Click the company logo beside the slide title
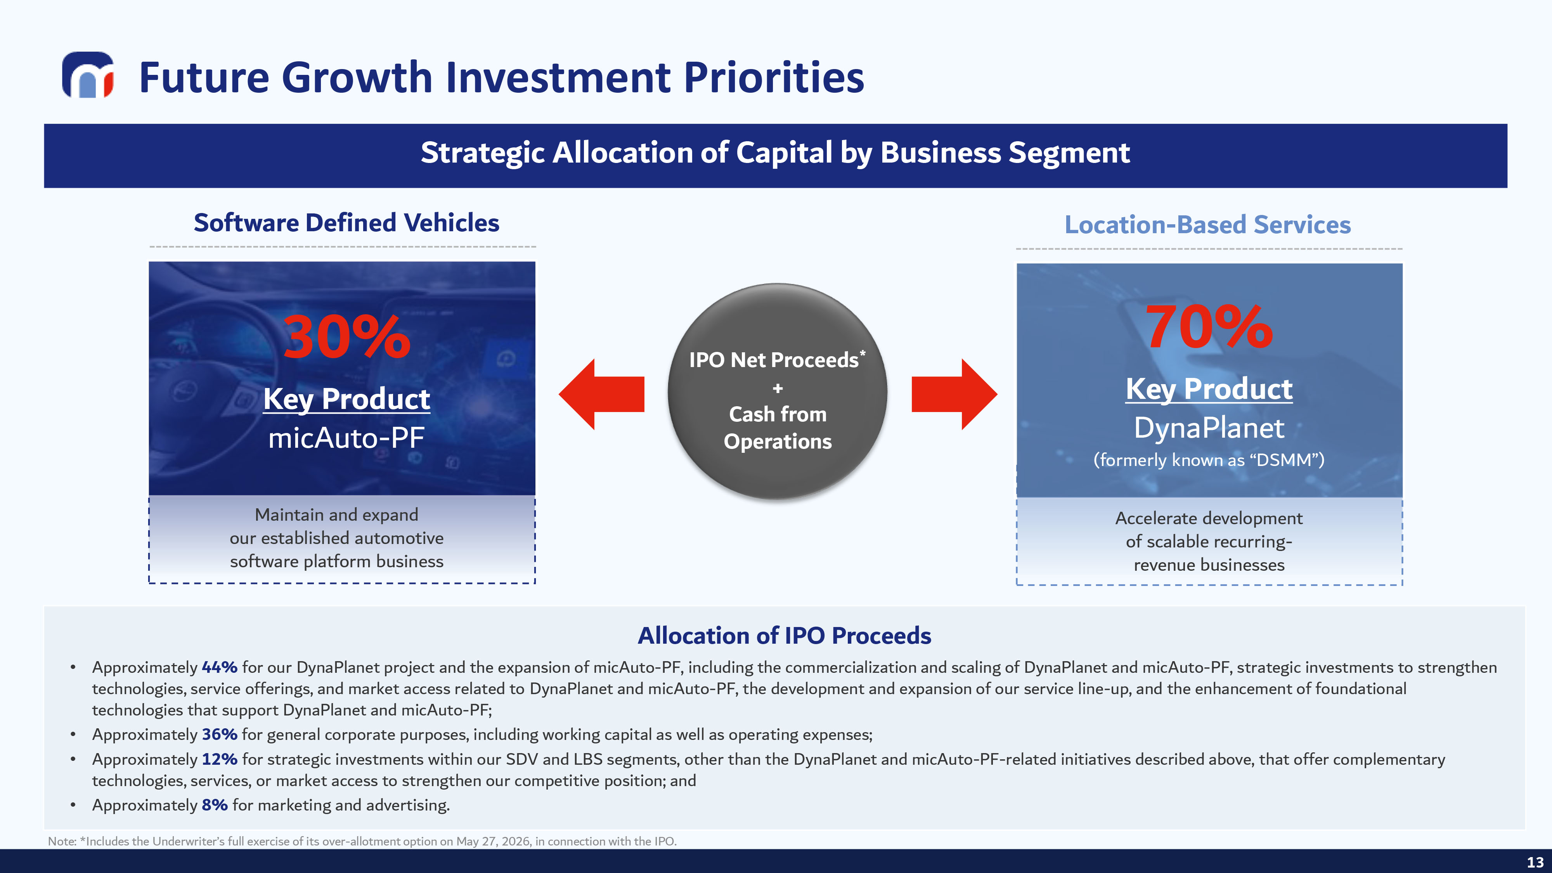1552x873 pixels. click(88, 75)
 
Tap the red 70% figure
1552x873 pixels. click(1209, 327)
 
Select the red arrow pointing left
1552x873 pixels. click(601, 394)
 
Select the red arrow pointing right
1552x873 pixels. click(954, 394)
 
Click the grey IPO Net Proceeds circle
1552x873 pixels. click(777, 391)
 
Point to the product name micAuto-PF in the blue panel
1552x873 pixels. click(346, 437)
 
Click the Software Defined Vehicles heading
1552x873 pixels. click(346, 223)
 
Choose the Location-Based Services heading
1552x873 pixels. click(1208, 225)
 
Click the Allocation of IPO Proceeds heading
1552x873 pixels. click(785, 636)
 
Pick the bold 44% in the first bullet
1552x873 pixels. click(219, 667)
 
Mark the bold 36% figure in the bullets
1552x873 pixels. click(219, 734)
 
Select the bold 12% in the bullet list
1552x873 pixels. click(219, 759)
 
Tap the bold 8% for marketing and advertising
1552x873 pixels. click(215, 805)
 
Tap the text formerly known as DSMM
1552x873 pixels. click(1209, 460)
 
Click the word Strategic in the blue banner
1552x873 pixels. click(483, 153)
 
